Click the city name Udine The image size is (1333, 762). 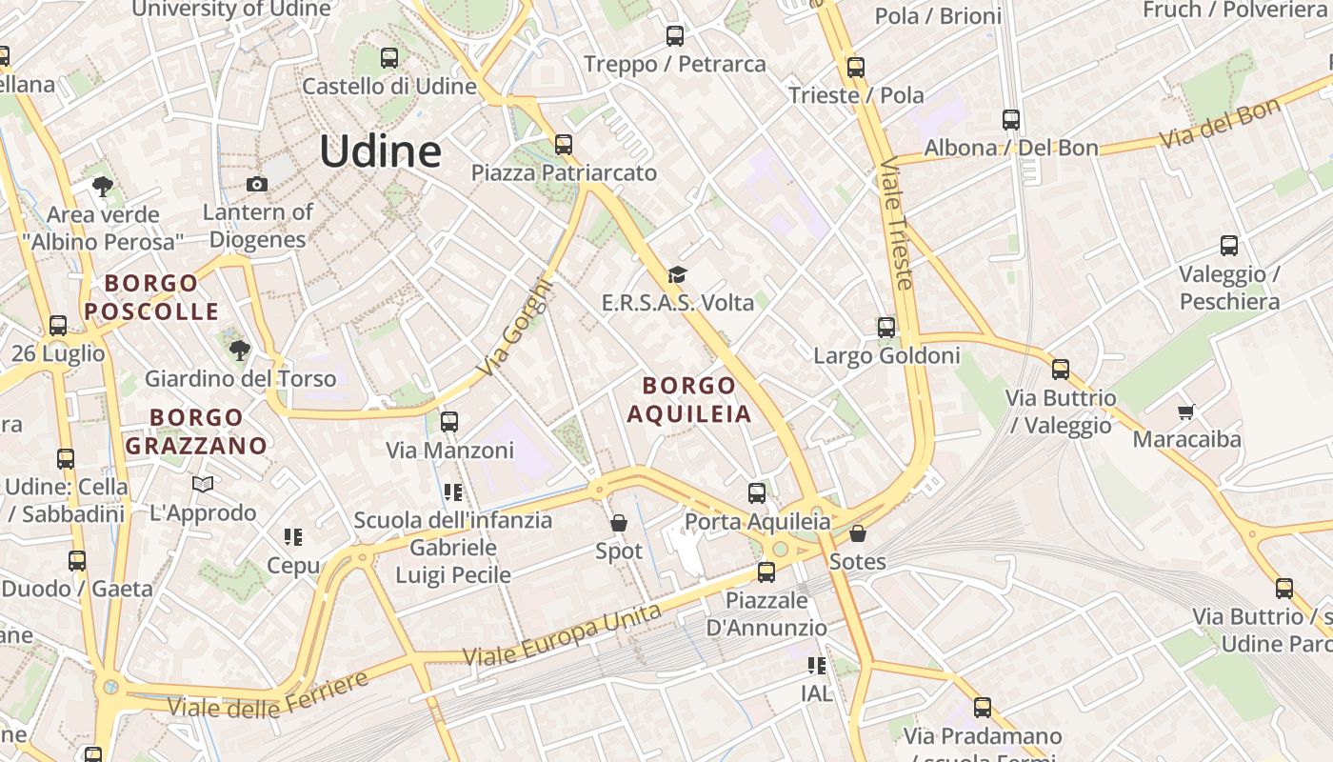pyautogui.click(x=380, y=151)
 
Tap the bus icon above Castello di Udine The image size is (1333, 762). pyautogui.click(x=388, y=57)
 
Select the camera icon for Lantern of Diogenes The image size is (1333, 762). pyautogui.click(x=256, y=185)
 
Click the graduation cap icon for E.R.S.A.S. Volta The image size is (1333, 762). pyautogui.click(x=677, y=275)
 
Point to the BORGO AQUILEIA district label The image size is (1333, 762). pyautogui.click(x=689, y=399)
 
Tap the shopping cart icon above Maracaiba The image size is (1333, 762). pyautogui.click(x=1185, y=411)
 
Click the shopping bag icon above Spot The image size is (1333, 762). pyautogui.click(x=619, y=523)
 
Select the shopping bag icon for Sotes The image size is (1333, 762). pyautogui.click(x=858, y=533)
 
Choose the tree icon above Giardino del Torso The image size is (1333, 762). pyautogui.click(x=240, y=351)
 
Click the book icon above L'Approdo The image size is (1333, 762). pyautogui.click(x=203, y=485)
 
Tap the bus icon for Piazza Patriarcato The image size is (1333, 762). pyautogui.click(x=564, y=145)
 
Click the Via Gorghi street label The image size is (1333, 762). pyautogui.click(x=515, y=327)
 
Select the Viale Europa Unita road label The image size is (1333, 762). pyautogui.click(x=562, y=634)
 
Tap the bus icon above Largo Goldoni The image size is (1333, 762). pyautogui.click(x=886, y=328)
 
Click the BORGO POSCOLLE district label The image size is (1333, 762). pyautogui.click(x=152, y=297)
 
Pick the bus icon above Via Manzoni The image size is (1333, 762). pyautogui.click(x=449, y=421)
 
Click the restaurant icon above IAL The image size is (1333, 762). pyautogui.click(x=816, y=666)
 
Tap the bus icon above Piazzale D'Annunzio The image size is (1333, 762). pyautogui.click(x=766, y=572)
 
